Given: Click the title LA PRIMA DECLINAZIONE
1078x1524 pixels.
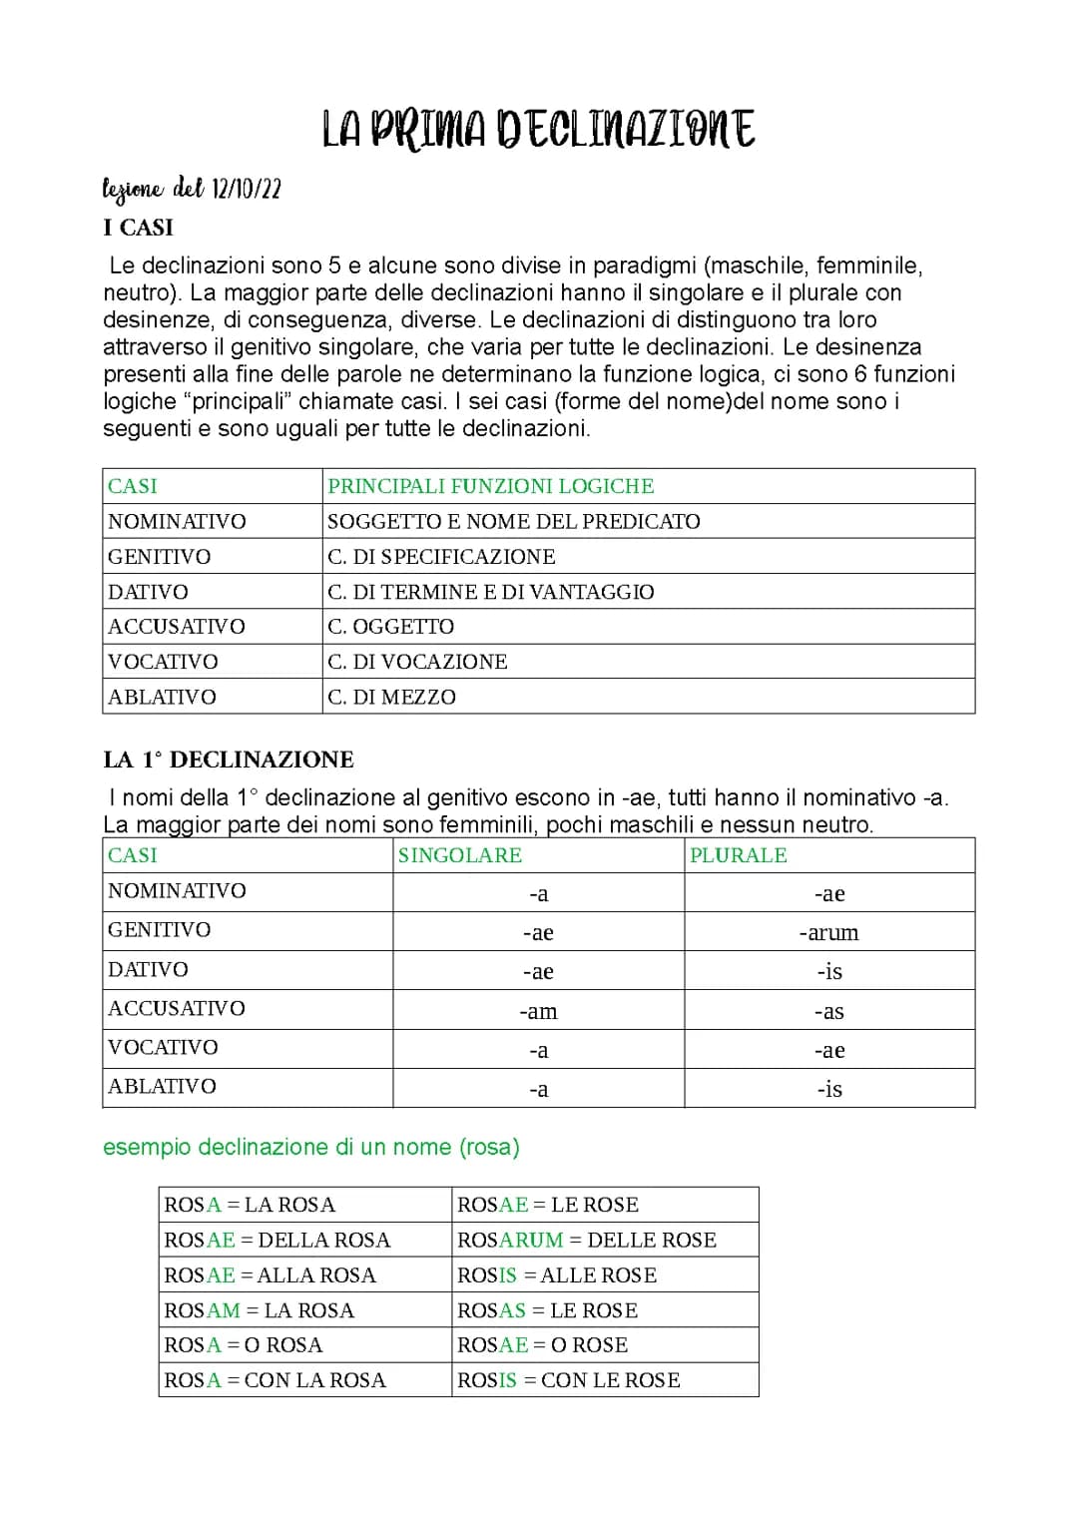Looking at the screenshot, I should click(x=538, y=130).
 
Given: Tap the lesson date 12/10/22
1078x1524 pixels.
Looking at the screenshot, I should click(x=247, y=189).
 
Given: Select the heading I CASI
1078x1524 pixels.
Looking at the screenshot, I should click(x=138, y=228).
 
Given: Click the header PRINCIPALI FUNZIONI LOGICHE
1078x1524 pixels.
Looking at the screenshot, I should click(x=490, y=486).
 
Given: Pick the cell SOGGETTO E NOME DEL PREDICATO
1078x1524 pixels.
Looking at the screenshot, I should click(x=513, y=521).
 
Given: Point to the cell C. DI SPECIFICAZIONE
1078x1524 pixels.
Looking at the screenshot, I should click(x=441, y=556).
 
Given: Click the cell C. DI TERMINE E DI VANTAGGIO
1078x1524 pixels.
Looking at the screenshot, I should click(x=490, y=592).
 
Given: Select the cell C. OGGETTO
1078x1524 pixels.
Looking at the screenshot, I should click(x=390, y=627).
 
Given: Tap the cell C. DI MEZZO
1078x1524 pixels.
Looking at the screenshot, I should click(x=391, y=697).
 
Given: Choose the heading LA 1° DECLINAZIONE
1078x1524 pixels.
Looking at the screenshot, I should click(x=228, y=760).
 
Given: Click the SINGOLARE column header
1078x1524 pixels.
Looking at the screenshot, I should click(x=459, y=855).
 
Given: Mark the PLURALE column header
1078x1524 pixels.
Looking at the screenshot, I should click(x=738, y=855).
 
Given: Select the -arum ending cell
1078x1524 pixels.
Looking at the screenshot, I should click(x=828, y=932).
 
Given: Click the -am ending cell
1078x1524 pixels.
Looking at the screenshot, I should click(x=538, y=1011).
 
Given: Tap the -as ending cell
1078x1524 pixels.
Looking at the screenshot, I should click(x=828, y=1011).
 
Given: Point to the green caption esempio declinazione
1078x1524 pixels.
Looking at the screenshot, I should click(x=310, y=1147).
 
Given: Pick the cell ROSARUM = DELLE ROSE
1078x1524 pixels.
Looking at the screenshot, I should click(x=586, y=1240).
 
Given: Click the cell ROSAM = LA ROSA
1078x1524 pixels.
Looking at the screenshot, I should click(x=259, y=1310).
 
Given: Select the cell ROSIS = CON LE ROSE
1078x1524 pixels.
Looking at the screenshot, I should click(x=568, y=1380).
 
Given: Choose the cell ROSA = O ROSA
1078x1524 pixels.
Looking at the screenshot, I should click(x=243, y=1345).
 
